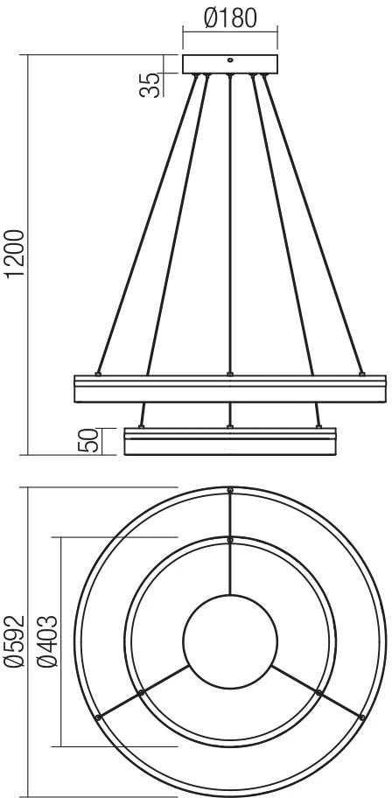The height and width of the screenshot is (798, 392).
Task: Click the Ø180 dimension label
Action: click(x=230, y=18)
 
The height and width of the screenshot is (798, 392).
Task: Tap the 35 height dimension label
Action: click(x=150, y=85)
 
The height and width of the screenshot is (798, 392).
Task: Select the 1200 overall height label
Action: click(x=15, y=254)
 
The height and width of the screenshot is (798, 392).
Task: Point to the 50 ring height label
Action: click(x=87, y=441)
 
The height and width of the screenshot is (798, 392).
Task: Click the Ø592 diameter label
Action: click(x=14, y=641)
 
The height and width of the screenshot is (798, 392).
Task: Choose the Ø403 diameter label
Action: click(x=48, y=641)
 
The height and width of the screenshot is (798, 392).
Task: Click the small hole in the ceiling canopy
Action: click(x=230, y=60)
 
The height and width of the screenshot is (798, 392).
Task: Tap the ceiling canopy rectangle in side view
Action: click(x=230, y=64)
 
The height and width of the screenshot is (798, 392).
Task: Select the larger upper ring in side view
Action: click(x=230, y=388)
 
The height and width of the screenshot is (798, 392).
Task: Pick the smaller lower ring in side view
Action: click(x=230, y=441)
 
